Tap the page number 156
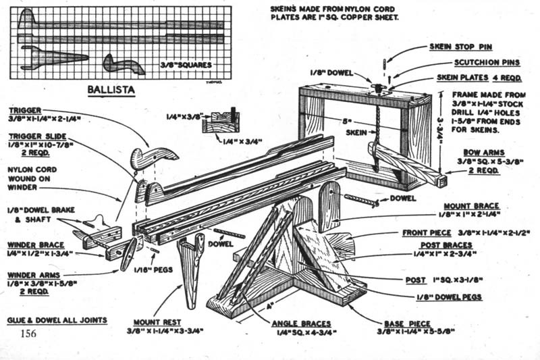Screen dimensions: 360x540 click(28, 334)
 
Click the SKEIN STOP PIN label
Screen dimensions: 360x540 click(460, 47)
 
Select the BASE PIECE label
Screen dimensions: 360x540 click(408, 324)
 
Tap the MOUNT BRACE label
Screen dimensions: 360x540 click(470, 206)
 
